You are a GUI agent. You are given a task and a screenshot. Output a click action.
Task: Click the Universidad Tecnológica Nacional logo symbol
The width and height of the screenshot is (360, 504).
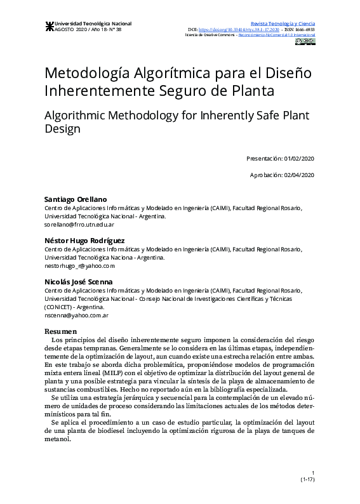pos(49,26)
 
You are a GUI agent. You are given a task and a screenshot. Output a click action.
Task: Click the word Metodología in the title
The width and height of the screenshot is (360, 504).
pos(92,72)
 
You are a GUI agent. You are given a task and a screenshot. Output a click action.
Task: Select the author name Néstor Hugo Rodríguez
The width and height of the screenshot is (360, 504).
pos(84,240)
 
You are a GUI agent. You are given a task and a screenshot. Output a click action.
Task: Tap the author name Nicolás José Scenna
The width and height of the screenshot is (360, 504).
pos(77,281)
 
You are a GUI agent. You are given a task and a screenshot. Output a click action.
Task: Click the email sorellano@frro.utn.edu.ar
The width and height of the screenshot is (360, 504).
pos(79,225)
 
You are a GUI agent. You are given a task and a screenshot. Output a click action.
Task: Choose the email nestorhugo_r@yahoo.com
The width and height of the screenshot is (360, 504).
pos(79,266)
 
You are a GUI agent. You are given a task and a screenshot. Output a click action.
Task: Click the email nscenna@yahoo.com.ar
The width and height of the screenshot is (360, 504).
pos(76,315)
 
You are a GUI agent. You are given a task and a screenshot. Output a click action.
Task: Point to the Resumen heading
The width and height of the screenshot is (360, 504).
pos(60,331)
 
